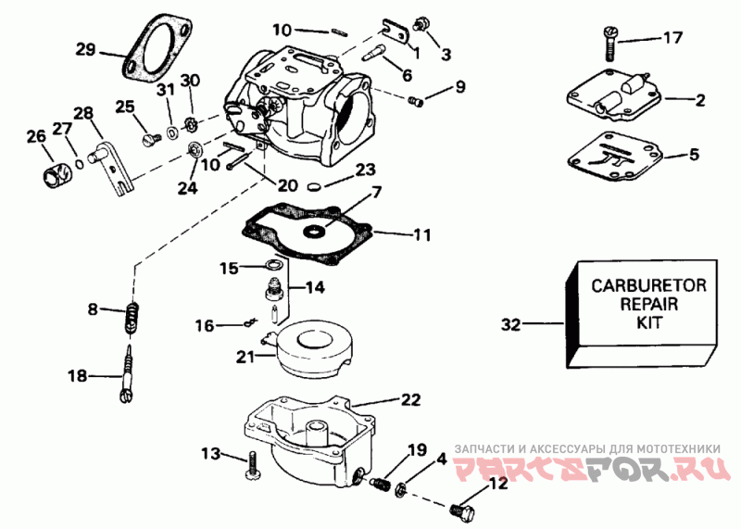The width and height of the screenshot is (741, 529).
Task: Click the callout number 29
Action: [86, 49]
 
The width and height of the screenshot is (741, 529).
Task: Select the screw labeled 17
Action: [609, 44]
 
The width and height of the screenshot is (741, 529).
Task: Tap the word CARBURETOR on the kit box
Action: [649, 285]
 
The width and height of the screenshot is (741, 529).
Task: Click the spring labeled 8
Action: [133, 318]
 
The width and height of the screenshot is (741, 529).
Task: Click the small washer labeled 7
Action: [313, 232]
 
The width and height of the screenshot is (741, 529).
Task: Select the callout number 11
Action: [422, 234]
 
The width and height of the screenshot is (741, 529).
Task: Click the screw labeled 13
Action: [252, 465]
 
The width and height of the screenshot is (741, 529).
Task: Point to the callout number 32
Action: [510, 325]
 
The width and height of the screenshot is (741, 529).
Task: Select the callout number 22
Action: [410, 400]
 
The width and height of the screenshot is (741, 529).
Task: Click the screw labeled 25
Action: [151, 139]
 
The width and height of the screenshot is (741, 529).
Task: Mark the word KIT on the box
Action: [649, 323]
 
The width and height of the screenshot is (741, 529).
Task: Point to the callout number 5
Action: [694, 155]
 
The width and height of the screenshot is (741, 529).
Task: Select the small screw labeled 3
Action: [421, 23]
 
